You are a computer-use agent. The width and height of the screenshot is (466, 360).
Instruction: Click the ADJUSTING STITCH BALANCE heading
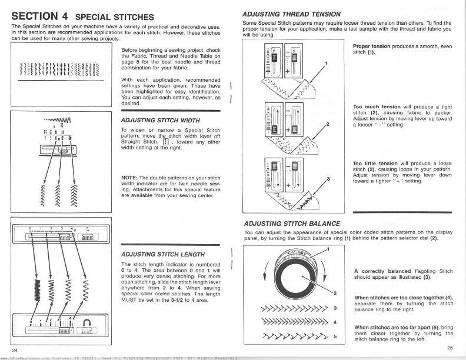coord(292,223)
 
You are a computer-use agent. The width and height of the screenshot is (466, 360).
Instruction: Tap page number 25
coord(450,348)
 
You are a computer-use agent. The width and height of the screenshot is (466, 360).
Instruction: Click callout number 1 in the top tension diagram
coord(326,63)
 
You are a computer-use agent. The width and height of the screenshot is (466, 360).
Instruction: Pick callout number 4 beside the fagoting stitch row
coord(335,322)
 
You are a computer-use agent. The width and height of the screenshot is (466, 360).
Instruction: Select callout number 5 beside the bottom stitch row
coord(335,336)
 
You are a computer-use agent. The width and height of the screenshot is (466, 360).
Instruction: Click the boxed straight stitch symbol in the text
coord(166,142)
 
